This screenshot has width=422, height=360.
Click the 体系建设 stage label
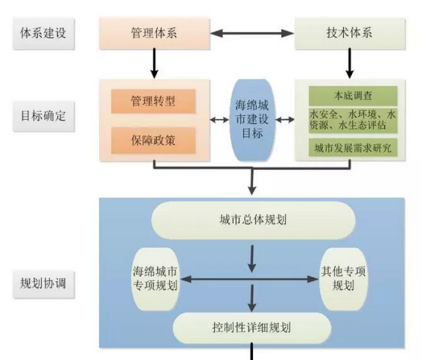click(x=43, y=33)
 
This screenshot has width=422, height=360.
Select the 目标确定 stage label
click(x=43, y=116)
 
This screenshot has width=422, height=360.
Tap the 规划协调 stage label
click(x=43, y=283)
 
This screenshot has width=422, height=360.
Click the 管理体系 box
click(x=155, y=33)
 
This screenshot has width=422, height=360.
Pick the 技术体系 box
click(x=350, y=33)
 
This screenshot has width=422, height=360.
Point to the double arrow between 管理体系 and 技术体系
click(x=252, y=33)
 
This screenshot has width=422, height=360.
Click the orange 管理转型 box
click(x=153, y=101)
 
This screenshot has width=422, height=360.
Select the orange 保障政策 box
click(x=153, y=141)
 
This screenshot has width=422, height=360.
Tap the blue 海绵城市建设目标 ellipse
click(x=252, y=120)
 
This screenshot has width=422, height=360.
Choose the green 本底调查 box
click(x=353, y=96)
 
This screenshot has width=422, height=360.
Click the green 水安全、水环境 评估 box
click(x=353, y=120)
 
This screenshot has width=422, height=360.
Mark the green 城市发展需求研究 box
click(x=353, y=148)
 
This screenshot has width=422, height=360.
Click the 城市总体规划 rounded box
click(x=253, y=220)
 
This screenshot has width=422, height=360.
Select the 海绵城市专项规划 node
click(x=155, y=279)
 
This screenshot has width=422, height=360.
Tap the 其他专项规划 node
click(x=343, y=279)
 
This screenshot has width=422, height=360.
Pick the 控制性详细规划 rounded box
click(x=252, y=328)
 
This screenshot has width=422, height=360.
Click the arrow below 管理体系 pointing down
click(x=154, y=63)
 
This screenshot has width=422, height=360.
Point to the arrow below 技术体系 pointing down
click(x=350, y=63)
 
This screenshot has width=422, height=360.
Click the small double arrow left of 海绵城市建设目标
click(x=220, y=120)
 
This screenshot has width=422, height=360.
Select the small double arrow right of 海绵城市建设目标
click(x=285, y=120)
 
